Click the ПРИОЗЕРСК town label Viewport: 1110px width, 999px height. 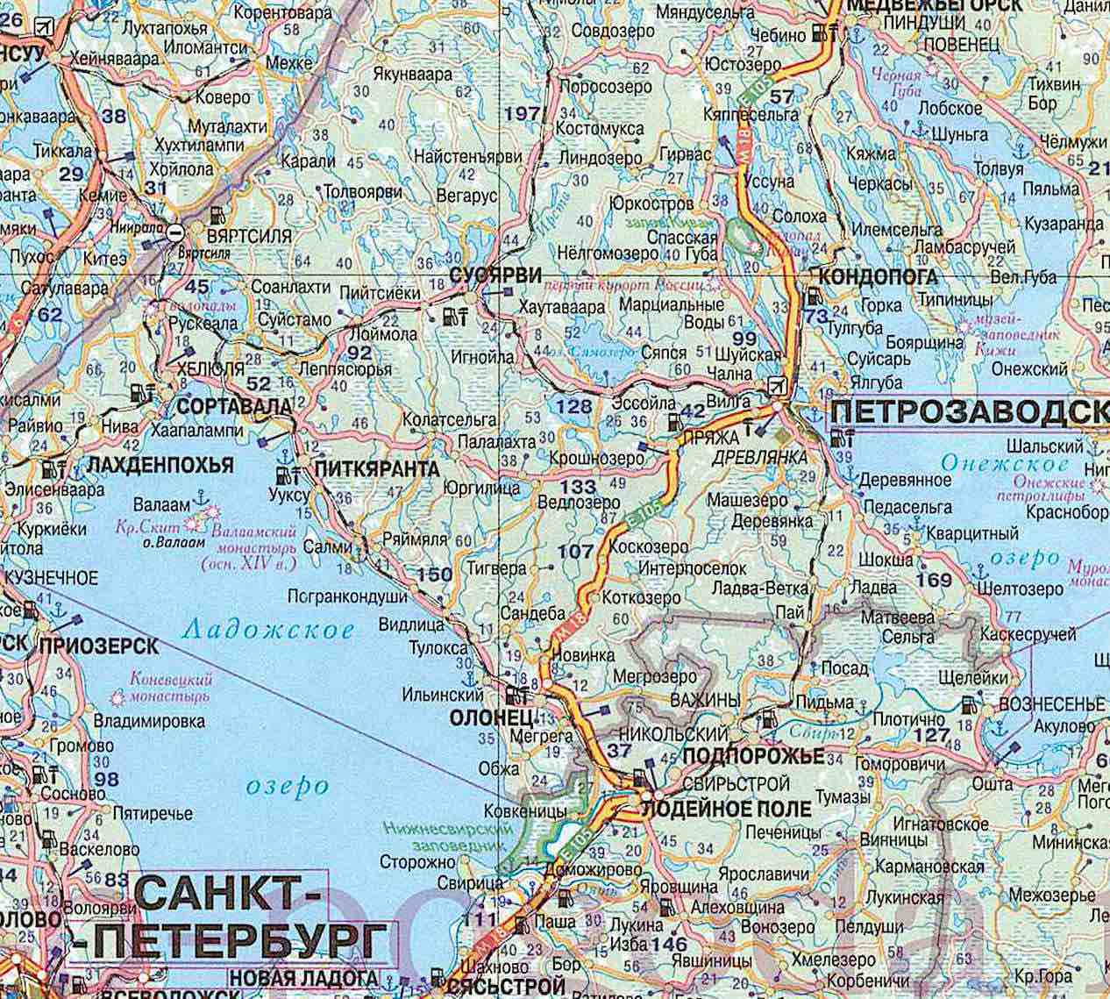click(x=98, y=646)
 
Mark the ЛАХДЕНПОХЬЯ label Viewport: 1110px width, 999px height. click(x=160, y=464)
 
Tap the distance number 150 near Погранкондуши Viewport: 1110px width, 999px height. click(x=436, y=574)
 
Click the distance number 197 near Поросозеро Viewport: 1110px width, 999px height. click(x=524, y=112)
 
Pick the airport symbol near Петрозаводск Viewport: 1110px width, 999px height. click(x=776, y=385)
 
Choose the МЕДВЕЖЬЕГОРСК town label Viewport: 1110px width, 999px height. click(x=932, y=5)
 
